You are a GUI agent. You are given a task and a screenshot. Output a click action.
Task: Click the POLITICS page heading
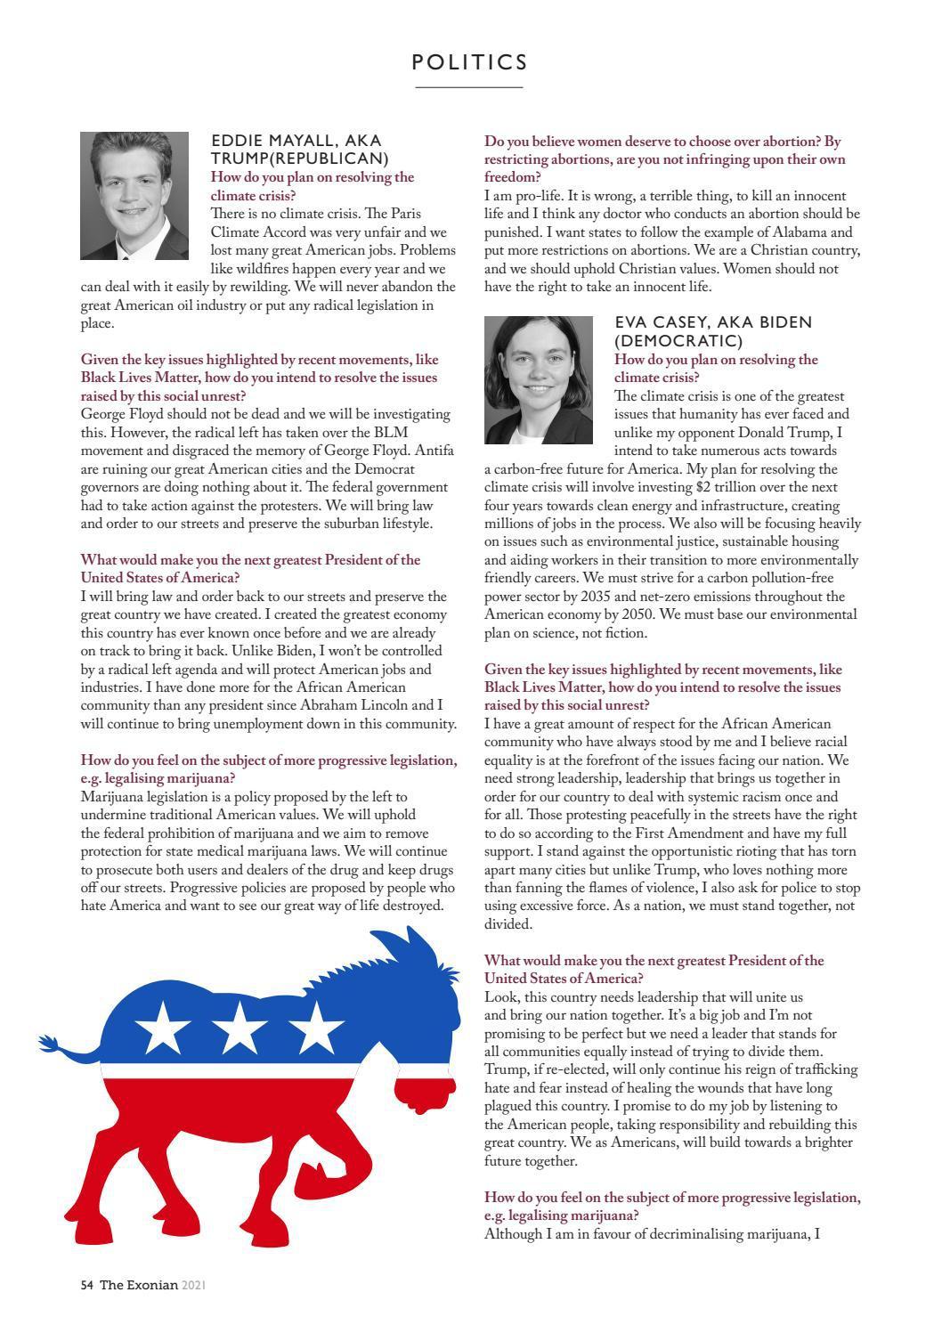470,62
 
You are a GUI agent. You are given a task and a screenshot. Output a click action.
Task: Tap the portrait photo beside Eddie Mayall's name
134,196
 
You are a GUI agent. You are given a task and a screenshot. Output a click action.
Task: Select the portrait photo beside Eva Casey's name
539,380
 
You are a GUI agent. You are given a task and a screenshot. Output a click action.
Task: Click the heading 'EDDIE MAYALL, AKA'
296,141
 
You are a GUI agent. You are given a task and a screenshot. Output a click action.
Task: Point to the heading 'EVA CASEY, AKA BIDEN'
713,322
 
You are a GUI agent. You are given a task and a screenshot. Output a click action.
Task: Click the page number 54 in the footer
86,1285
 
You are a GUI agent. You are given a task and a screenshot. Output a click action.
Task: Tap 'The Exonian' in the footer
139,1285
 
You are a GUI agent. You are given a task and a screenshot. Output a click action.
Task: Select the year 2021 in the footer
194,1285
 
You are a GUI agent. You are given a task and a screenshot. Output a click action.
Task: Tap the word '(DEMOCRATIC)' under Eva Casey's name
678,341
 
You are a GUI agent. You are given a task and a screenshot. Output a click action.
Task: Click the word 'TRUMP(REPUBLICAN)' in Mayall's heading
299,158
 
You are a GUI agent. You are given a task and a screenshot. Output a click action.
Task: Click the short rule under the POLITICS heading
469,87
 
